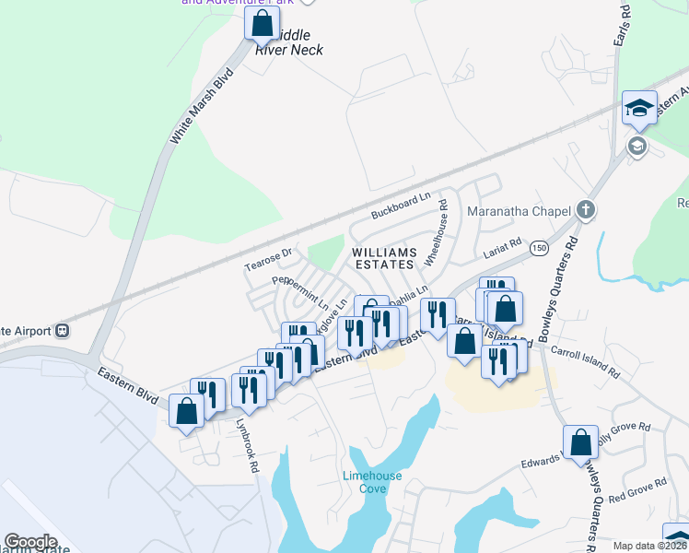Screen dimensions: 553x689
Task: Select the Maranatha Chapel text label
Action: coord(519,211)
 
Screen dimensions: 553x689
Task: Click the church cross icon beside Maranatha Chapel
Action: coord(585,211)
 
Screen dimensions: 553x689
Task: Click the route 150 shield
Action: coord(539,250)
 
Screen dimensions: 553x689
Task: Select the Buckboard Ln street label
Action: coord(401,206)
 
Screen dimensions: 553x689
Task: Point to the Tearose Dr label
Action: coord(268,259)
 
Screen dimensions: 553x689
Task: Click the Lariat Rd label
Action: coord(503,248)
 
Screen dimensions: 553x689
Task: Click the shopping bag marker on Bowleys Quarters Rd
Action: coord(581,442)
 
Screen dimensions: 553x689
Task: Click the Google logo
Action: coord(30,542)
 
